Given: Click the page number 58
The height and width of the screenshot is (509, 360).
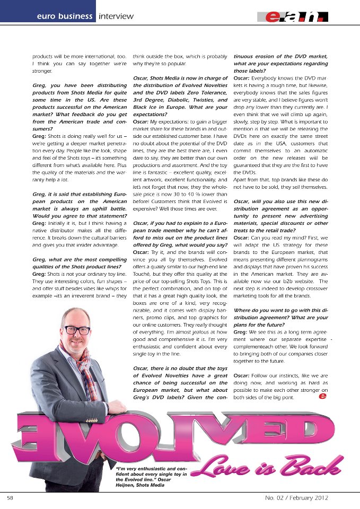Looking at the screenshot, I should coord(10,498).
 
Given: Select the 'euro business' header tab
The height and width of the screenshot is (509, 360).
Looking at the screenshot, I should coord(64,16).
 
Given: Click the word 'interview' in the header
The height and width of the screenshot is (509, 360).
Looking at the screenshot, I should coord(117,16).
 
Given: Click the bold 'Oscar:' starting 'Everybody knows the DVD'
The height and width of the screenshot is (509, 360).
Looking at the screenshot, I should coord(244,78).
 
